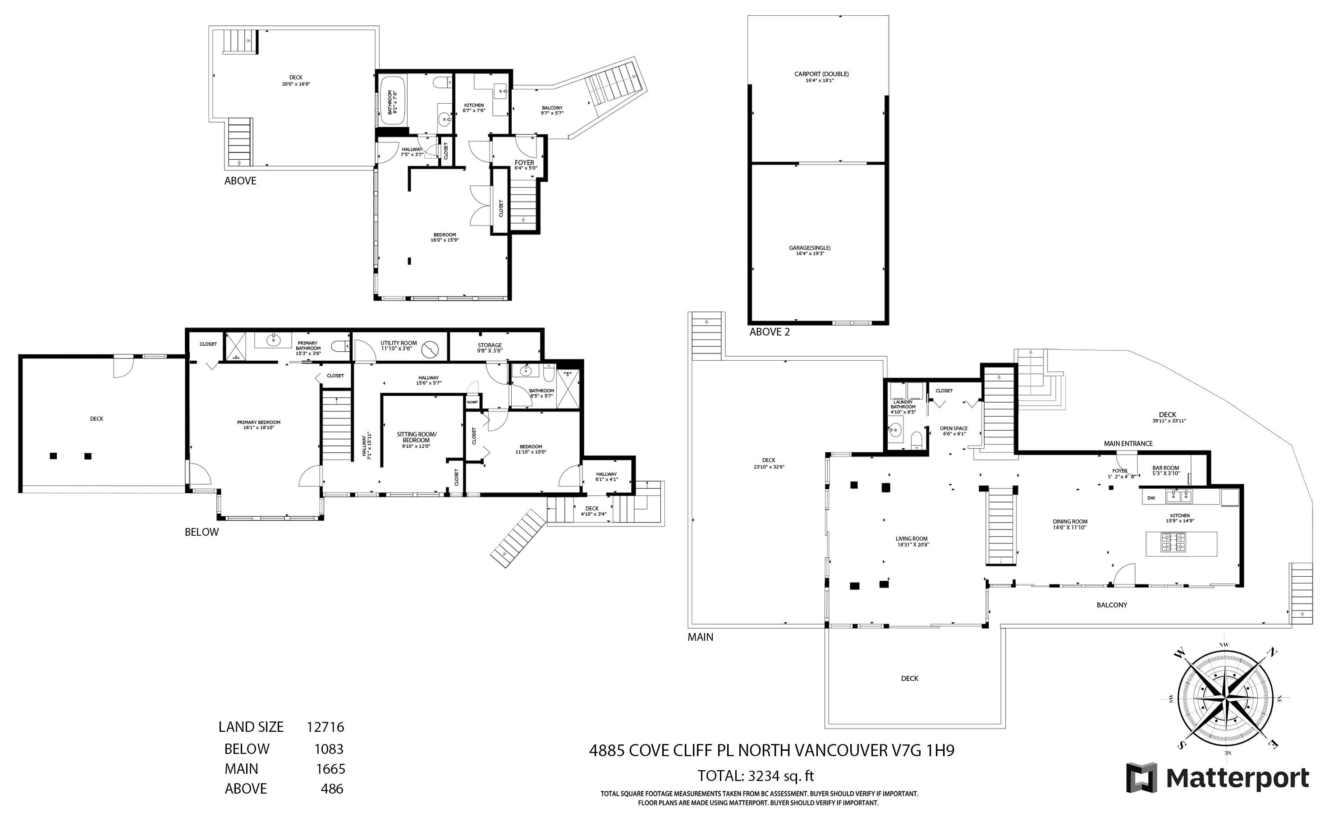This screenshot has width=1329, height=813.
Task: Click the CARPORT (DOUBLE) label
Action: [x=821, y=74]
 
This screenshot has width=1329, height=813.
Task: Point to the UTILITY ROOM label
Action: [x=398, y=344]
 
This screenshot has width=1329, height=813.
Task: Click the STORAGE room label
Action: [x=489, y=346]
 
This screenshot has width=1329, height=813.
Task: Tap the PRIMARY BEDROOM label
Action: [x=258, y=423]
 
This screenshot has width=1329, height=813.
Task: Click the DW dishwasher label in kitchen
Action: [x=1150, y=498]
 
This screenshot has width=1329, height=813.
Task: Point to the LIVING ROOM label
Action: [x=912, y=539]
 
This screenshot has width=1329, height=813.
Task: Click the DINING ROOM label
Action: [x=1070, y=522]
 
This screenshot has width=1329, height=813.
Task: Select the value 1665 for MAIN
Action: [x=330, y=769]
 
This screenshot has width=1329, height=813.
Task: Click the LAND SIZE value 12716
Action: [x=325, y=727]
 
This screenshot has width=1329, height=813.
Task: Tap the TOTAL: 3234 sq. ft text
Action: [x=755, y=776]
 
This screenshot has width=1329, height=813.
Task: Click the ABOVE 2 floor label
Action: [x=769, y=332]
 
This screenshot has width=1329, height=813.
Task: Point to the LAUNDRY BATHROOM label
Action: [x=903, y=404]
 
